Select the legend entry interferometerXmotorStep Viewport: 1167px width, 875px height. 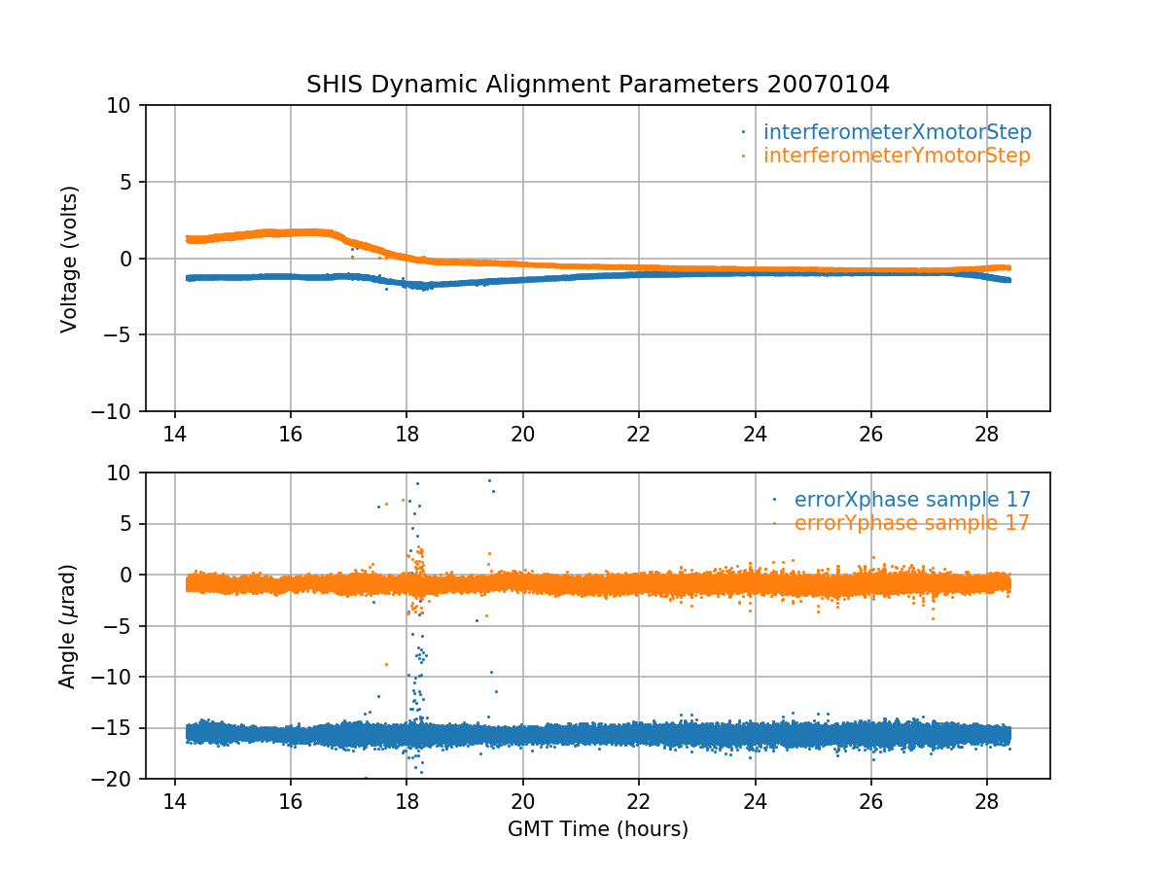point(897,132)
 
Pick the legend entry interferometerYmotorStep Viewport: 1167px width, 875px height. point(896,156)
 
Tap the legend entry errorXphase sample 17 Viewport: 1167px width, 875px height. point(912,500)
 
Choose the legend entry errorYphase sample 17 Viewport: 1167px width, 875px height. point(911,523)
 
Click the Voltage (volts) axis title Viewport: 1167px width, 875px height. point(69,259)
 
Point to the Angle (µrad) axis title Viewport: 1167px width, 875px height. point(67,626)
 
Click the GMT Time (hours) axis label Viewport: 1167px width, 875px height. point(597,829)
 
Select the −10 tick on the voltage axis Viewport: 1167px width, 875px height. point(117,411)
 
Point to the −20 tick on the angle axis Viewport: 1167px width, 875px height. point(117,779)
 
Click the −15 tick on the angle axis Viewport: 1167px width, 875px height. point(117,728)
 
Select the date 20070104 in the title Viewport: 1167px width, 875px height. point(828,85)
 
